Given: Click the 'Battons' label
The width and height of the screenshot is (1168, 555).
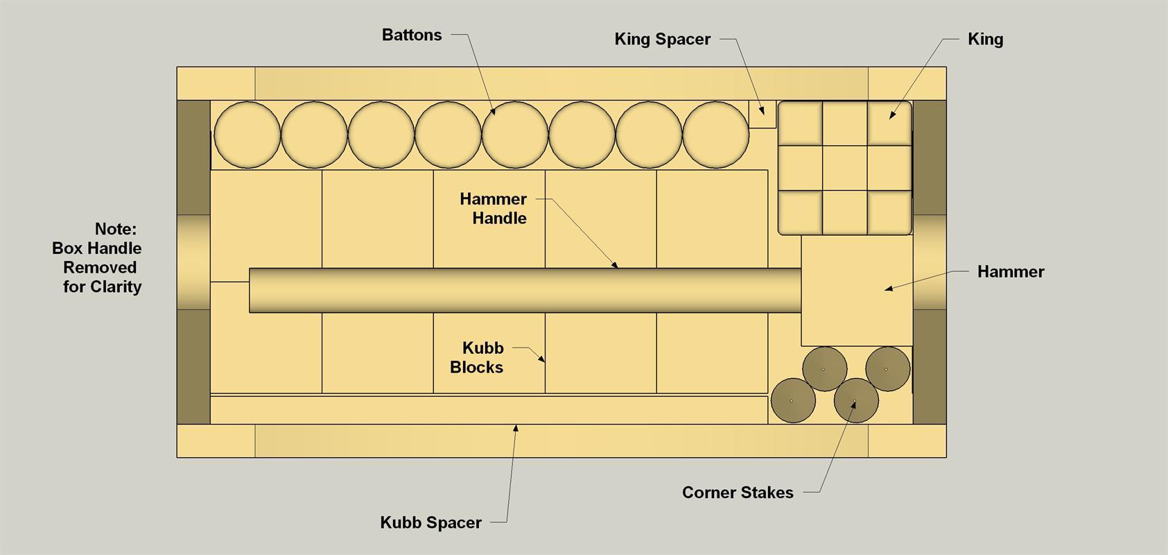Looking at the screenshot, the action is pos(412,35).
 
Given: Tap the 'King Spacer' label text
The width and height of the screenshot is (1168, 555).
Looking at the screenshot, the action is pos(662,39).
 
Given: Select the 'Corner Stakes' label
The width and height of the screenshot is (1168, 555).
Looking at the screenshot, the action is pos(738,493).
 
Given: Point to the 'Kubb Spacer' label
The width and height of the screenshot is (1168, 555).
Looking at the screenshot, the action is pos(430,522).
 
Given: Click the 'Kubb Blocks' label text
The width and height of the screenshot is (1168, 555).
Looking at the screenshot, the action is pos(477,358).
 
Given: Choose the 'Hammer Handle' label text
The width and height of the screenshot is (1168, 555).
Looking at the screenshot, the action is pos(494,208).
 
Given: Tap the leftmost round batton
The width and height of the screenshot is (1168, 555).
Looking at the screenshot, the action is pos(247,135).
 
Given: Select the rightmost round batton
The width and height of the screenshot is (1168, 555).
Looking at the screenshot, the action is pos(715,135).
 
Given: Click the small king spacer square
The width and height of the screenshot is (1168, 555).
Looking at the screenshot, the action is pos(762,114).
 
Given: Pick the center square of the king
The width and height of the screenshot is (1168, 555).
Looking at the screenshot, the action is pos(845,168).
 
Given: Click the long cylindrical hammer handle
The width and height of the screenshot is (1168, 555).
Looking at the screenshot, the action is pos(525,291).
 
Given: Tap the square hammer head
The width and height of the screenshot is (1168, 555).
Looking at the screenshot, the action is pos(857,291).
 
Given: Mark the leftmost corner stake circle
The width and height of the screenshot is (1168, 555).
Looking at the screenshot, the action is pos(793,400).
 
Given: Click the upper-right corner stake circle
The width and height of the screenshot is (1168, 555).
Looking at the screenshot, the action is pos(887,369).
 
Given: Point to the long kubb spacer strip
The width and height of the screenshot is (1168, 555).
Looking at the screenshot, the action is pos(489,410).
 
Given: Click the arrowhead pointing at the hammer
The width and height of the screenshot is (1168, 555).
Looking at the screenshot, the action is pos(889,288).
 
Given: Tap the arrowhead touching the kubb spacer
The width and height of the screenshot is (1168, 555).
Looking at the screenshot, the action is pos(516,428).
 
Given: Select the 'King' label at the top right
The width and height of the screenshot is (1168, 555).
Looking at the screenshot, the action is pos(986,39).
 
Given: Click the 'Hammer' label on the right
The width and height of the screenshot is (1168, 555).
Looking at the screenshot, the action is pos(1011,272).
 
